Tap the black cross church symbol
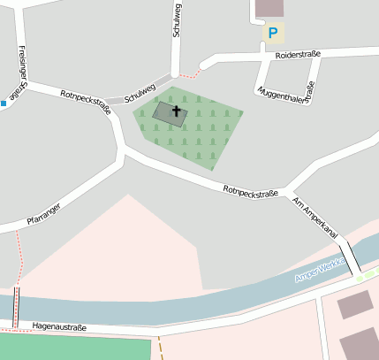176,111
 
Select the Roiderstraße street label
298,55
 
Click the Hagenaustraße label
58,327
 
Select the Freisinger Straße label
20,71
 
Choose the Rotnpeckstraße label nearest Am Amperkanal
251,190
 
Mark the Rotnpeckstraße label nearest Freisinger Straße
85,102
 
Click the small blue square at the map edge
4,104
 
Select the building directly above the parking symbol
269,8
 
